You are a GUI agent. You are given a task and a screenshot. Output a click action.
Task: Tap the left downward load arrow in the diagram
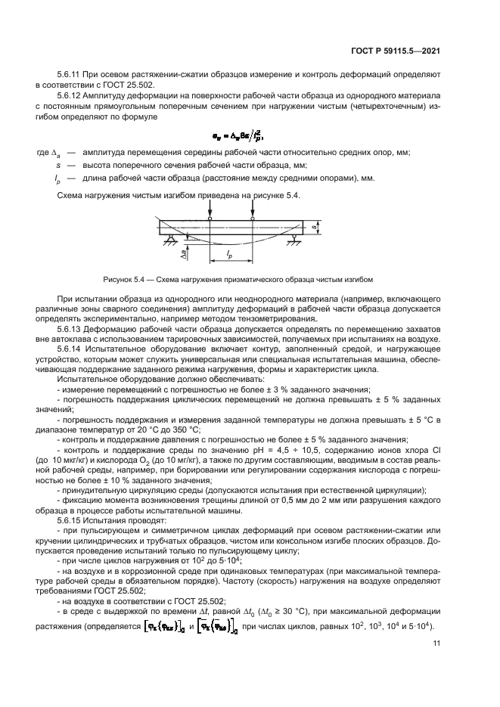210,209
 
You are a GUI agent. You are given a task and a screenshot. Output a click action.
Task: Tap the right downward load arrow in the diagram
252,209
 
